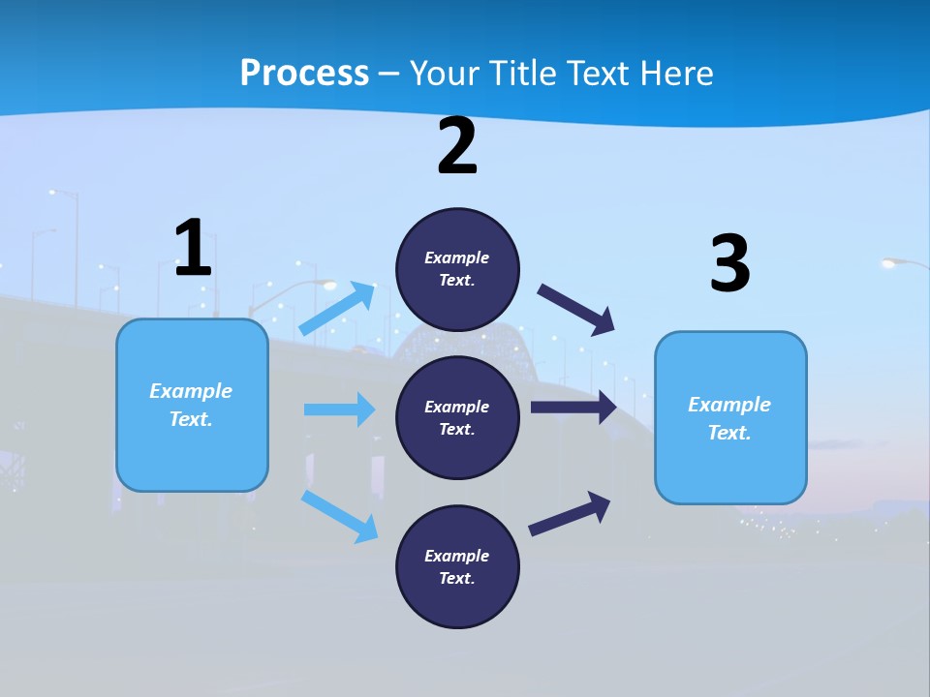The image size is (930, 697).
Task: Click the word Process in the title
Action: point(304,73)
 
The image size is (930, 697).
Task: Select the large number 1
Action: point(193,249)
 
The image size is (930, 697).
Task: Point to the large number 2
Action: point(457,147)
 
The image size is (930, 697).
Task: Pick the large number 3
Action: point(729,265)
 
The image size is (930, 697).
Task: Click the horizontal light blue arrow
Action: point(339,409)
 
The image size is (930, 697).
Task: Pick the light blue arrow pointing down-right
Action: point(340,516)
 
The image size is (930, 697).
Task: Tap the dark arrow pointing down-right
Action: point(577,310)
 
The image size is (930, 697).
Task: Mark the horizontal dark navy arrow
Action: point(573,408)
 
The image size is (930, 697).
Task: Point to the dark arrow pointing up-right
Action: point(570,513)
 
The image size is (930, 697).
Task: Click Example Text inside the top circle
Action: point(457,268)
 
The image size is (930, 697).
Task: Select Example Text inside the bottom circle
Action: point(457,566)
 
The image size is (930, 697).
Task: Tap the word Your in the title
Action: point(441,73)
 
